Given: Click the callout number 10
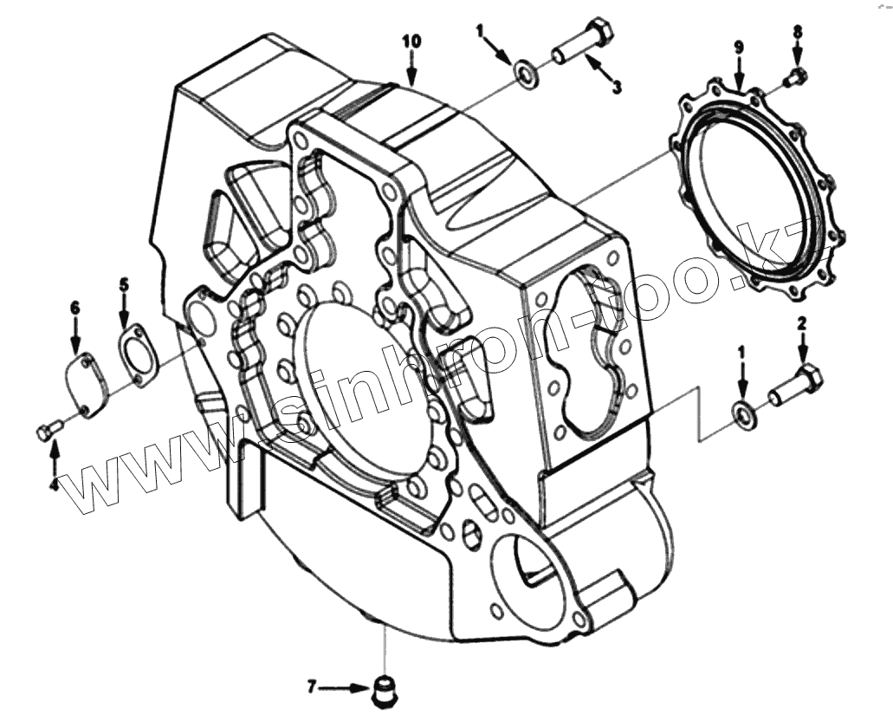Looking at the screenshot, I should coord(411,41).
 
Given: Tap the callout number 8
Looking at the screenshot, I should coord(798,31).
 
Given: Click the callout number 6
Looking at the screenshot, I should coord(74,307).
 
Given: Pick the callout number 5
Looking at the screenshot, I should coord(124,283).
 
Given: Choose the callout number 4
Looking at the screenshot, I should coord(54,486).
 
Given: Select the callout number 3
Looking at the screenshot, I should coord(617,87).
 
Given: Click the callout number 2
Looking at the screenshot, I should coord(802,323).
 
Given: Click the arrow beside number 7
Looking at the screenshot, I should coord(346,688).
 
